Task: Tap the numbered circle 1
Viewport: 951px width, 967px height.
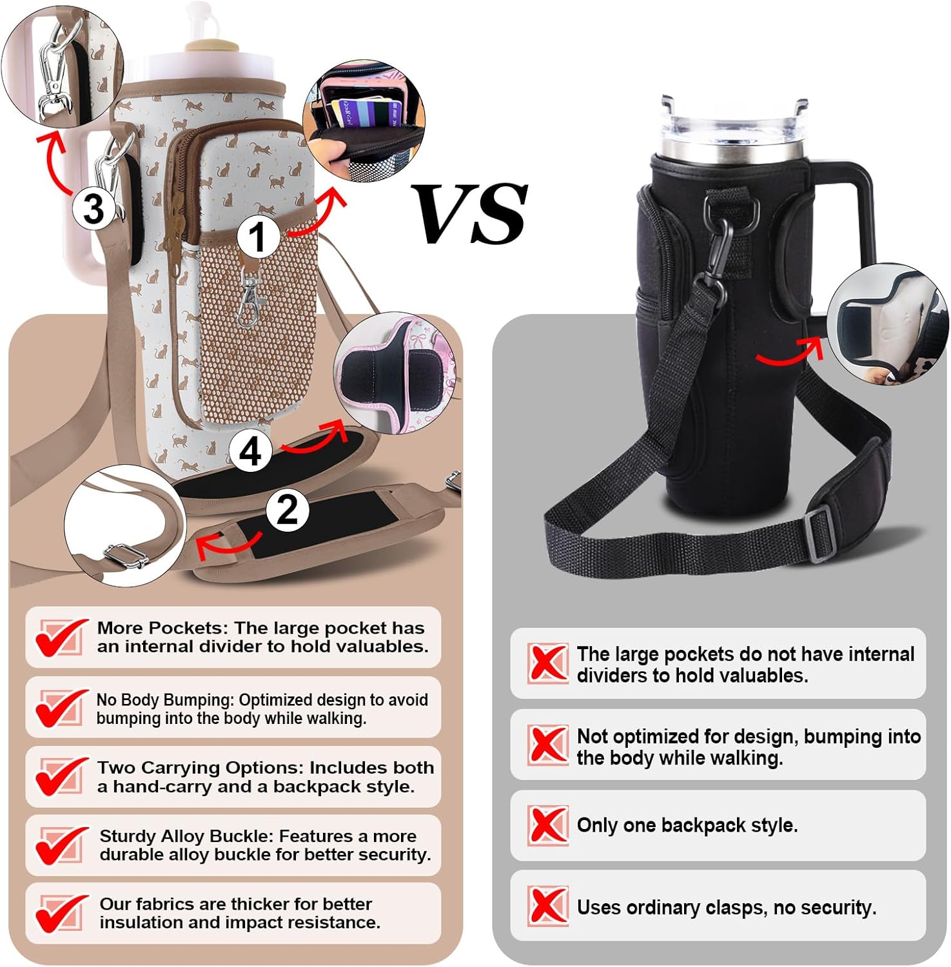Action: tap(258, 236)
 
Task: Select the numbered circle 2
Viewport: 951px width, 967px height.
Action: tap(287, 510)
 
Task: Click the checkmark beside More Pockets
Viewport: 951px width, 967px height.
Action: tap(61, 637)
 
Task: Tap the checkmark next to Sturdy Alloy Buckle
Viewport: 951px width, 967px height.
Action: tap(61, 845)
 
